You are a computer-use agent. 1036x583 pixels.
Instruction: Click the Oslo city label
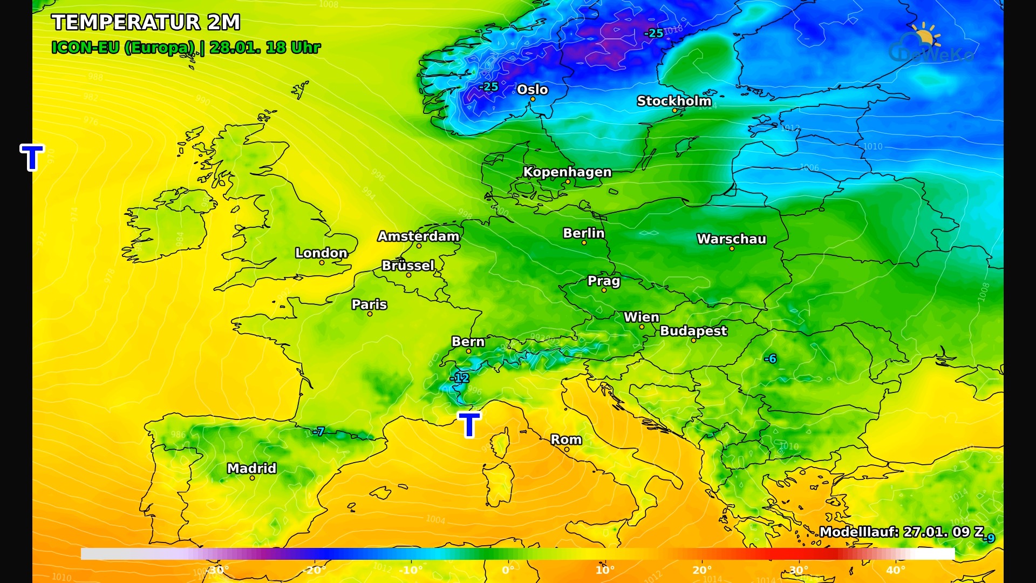pos(532,90)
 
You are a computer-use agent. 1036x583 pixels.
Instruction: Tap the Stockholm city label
pos(674,101)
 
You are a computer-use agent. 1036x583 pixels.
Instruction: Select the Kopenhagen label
pos(567,172)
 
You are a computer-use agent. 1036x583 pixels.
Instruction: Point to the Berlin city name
pos(583,233)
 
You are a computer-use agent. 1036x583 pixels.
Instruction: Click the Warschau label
pos(731,239)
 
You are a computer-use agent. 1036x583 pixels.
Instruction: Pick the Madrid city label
pos(251,469)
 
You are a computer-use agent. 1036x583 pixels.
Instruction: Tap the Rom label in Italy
pos(566,440)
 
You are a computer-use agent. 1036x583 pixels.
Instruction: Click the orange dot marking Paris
pos(370,314)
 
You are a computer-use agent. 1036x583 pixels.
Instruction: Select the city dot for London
pos(322,263)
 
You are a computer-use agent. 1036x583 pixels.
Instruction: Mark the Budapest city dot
pos(693,341)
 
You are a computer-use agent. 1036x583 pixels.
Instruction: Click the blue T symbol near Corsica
pos(469,424)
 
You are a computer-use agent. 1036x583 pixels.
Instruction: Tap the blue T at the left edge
pos(32,157)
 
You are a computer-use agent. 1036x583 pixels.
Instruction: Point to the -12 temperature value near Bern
pos(460,378)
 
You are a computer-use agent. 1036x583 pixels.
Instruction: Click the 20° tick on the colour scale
pos(701,570)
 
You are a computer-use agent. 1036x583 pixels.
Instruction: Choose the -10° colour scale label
pos(410,570)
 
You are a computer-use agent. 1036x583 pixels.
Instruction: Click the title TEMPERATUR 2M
pos(146,23)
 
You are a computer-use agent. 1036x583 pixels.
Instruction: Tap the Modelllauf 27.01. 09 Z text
pos(901,532)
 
